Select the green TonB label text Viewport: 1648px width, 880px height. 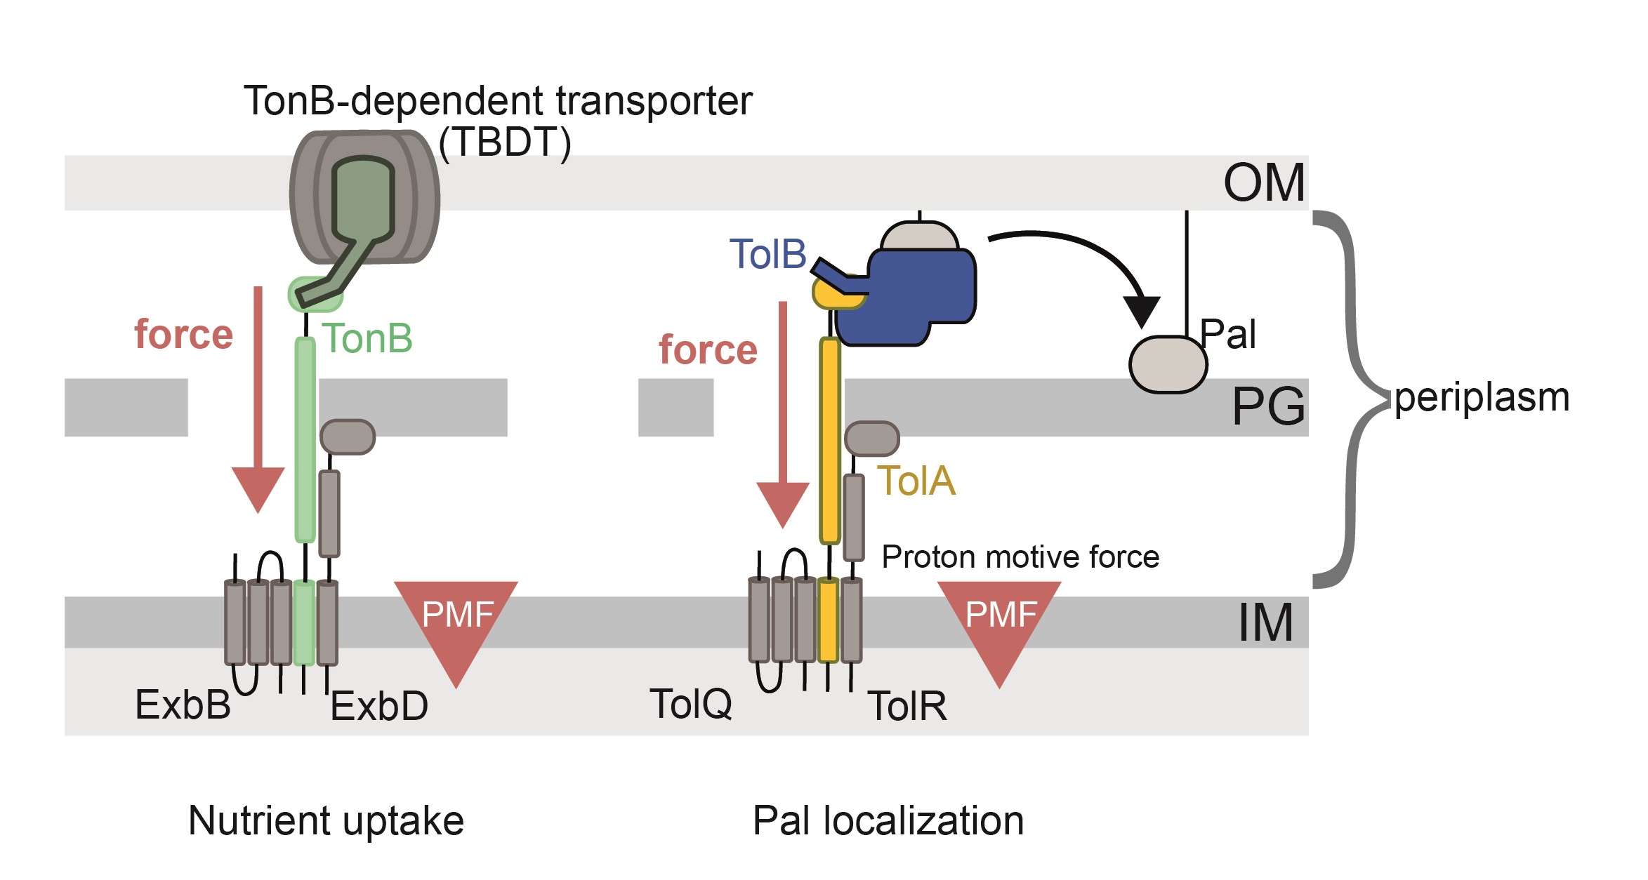367,338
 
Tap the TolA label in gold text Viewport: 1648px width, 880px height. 916,481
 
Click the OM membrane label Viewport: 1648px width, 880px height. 1264,183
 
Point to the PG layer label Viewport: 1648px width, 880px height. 1268,406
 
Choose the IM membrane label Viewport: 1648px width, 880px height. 1265,622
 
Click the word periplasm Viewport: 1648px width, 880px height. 1482,398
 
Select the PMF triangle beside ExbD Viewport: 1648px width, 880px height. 456,625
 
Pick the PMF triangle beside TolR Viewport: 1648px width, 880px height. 999,625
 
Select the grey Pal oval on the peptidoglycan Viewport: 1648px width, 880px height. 1168,364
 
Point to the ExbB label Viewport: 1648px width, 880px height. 183,705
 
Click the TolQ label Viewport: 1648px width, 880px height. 690,704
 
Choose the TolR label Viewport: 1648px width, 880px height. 907,706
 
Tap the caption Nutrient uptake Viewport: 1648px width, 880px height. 326,820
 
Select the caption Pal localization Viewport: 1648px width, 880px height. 888,820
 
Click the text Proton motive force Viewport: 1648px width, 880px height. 1020,557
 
